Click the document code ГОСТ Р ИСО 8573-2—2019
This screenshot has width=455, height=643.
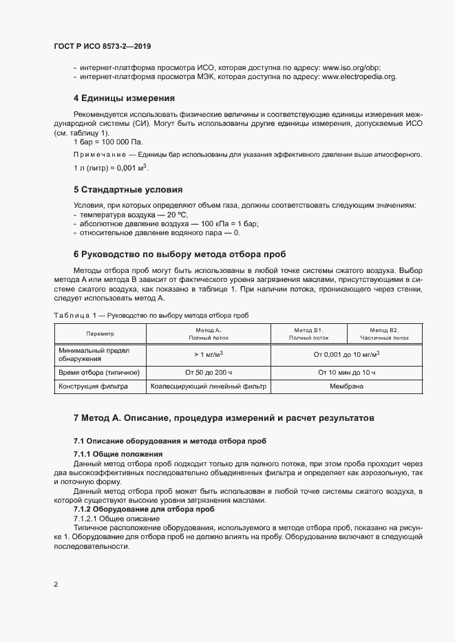[103, 46]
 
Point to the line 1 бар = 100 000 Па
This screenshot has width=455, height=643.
[104, 140]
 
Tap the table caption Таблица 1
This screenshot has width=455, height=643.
[76, 314]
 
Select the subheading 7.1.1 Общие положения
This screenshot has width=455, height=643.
[118, 454]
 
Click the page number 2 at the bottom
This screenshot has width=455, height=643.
[56, 585]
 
